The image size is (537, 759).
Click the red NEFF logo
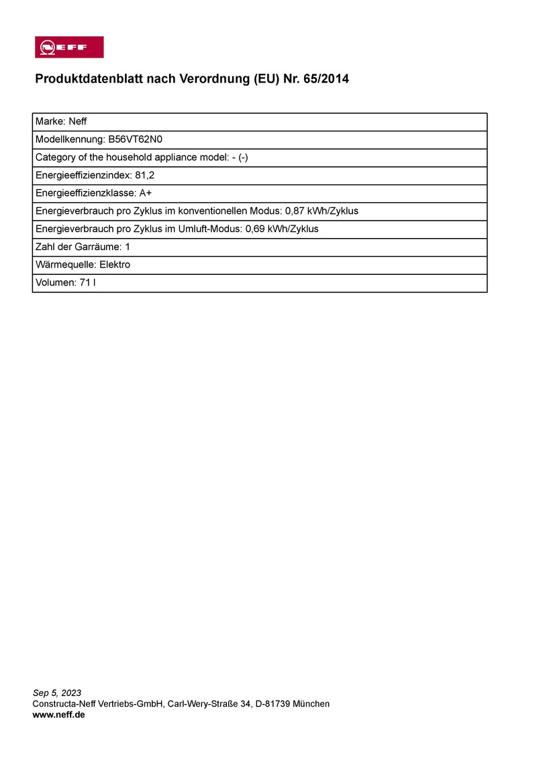(69, 47)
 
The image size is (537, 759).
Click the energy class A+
(145, 193)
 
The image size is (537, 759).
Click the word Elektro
(115, 265)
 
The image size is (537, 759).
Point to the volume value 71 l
(87, 283)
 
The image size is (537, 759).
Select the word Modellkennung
(69, 139)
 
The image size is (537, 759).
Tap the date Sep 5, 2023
(57, 693)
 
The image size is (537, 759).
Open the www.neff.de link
(58, 715)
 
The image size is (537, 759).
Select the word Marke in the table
(50, 121)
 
